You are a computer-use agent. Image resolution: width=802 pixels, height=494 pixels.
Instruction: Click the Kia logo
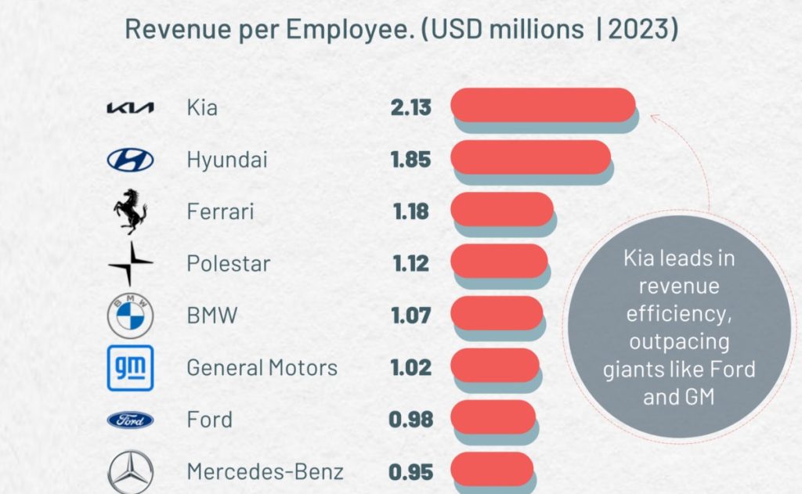coord(130,107)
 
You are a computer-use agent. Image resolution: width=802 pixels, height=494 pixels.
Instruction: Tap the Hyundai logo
coord(130,160)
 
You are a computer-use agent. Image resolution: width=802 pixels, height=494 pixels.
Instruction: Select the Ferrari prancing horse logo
coord(130,212)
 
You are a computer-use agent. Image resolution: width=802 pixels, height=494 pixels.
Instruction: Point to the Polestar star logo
coord(131,264)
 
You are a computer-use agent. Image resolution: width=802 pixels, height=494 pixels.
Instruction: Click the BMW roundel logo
coord(130,316)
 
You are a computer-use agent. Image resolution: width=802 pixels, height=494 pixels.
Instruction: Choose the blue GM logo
coord(130,368)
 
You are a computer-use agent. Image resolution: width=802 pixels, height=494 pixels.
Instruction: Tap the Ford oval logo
coord(130,420)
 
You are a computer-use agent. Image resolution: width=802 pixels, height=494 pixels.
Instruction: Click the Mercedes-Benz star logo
coord(130,473)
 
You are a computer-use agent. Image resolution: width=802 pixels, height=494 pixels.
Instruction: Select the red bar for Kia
coord(543,105)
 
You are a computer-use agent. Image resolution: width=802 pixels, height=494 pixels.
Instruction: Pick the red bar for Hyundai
coord(530,157)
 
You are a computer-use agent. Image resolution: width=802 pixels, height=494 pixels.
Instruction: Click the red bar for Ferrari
coord(502,209)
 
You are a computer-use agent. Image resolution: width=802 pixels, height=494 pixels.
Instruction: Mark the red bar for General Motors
coord(495,365)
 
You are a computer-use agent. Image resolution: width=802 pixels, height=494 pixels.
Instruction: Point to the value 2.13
coord(411,107)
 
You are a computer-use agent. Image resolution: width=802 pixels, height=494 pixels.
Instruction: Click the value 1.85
coord(411,160)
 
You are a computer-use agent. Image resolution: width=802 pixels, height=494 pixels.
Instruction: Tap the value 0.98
coord(411,420)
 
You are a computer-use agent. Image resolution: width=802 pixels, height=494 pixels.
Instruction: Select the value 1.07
coord(411,316)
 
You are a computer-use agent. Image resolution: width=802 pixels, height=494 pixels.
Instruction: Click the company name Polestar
coord(228,264)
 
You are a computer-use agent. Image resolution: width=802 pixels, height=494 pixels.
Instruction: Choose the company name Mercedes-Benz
coord(265,473)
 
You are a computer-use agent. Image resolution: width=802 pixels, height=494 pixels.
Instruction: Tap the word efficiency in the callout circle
coord(679,314)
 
